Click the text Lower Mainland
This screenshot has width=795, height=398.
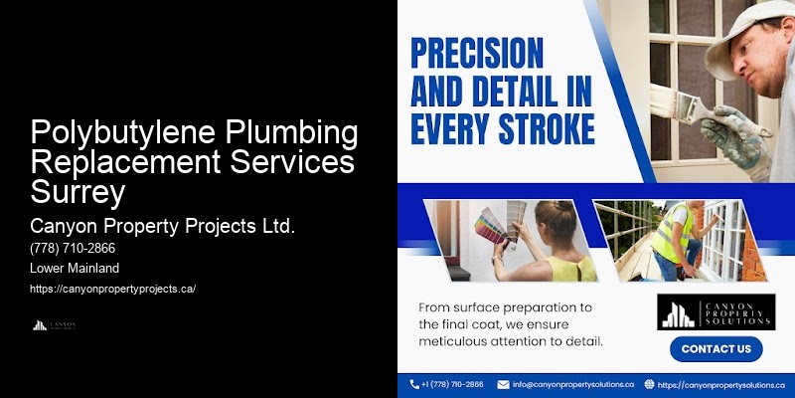pyautogui.click(x=76, y=269)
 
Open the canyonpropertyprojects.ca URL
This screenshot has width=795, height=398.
pyautogui.click(x=112, y=289)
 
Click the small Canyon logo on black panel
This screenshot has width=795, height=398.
pyautogui.click(x=55, y=324)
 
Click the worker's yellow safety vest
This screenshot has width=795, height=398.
pyautogui.click(x=676, y=233)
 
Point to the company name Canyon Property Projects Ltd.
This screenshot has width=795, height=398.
pyautogui.click(x=163, y=226)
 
